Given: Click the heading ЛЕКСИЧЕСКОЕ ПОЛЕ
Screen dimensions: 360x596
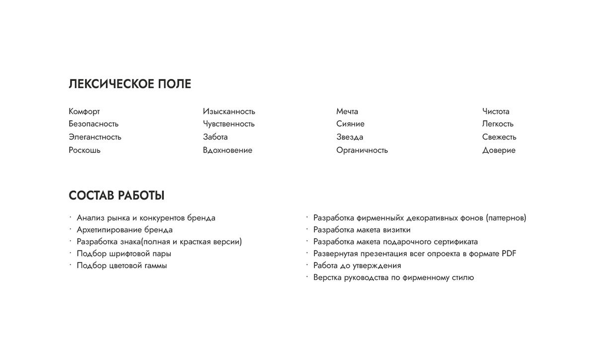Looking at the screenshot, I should point(130,84).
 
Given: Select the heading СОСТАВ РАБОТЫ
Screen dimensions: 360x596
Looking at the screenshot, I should point(116,196).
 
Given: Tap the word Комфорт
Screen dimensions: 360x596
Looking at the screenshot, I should point(84,111).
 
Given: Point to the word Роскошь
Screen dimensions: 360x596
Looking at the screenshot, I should point(84,150).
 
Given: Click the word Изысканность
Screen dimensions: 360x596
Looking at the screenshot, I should point(228,111).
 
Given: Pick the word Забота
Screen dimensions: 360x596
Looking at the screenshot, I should point(215,137).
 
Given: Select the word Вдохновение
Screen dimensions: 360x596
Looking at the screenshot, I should point(227,150).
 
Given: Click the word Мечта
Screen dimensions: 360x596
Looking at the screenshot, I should point(347,111).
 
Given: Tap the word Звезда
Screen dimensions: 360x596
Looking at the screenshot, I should point(350,137).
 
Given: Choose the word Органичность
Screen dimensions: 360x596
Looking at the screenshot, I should point(362,150).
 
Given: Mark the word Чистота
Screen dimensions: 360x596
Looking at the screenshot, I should point(496,111).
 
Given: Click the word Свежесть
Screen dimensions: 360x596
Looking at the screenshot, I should point(499,137).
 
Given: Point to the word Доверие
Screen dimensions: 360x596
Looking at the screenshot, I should point(499,150).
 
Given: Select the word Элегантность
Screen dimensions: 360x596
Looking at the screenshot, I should point(95,137).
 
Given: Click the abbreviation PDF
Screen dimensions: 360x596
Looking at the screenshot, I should point(509,254).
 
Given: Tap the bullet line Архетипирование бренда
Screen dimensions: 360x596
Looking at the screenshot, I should point(125,230).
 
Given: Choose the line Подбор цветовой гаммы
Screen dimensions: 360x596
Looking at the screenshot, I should point(122,266).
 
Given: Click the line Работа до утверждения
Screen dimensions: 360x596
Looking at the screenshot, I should point(357,266).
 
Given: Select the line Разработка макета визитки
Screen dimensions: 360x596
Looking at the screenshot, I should point(362,230).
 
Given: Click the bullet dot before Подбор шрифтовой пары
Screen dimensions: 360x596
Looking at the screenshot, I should point(71,253).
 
